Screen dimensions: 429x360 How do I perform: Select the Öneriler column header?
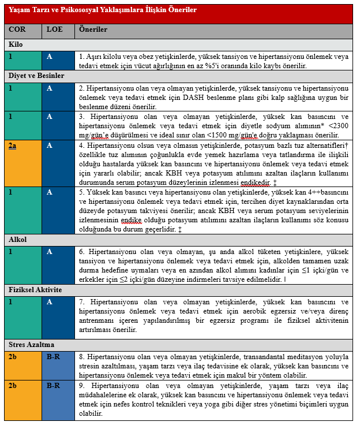93,29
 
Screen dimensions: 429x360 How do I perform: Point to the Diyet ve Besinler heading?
36,76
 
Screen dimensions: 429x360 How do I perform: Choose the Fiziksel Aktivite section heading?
36,289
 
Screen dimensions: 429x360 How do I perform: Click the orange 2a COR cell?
12,146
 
